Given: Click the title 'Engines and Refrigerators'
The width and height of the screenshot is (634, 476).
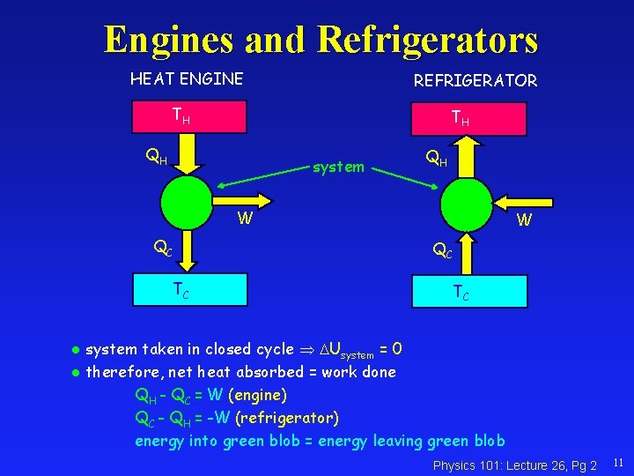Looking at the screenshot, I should (x=320, y=39).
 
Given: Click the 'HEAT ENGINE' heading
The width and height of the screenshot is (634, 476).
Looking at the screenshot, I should (x=187, y=79).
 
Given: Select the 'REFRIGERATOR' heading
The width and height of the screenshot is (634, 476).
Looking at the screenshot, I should (x=475, y=81).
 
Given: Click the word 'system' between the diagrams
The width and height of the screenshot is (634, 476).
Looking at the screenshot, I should (x=339, y=167).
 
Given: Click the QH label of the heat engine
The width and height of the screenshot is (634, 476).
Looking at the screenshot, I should (x=156, y=159).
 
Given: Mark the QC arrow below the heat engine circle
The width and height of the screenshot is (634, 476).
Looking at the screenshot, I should (x=188, y=251).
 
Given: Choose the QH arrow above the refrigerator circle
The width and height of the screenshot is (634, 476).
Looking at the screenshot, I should (x=467, y=159).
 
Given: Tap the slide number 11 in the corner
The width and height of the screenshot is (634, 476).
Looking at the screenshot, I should (x=617, y=462).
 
